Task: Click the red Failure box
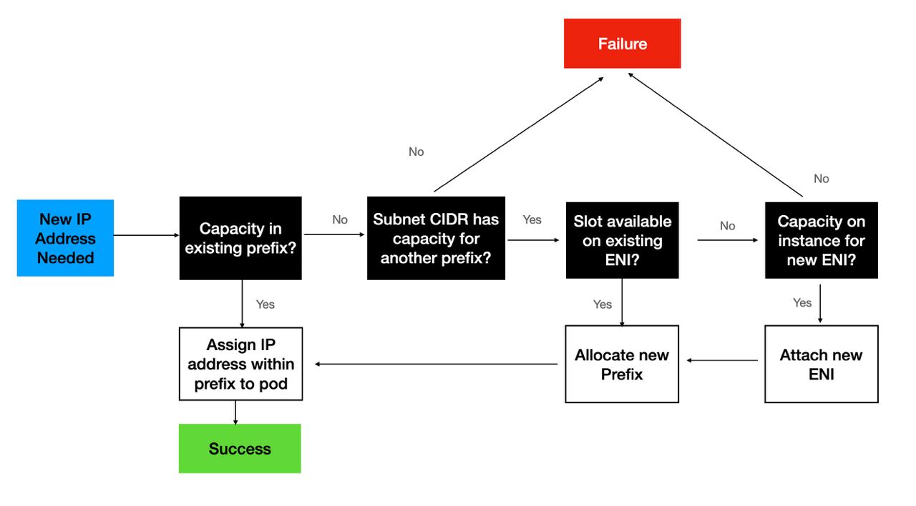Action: [x=622, y=44]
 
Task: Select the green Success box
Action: [x=240, y=449]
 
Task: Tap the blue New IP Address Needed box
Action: [x=65, y=238]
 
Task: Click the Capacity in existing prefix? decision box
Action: [x=240, y=238]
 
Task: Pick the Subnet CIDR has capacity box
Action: [x=436, y=238]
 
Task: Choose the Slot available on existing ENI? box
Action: [x=622, y=240]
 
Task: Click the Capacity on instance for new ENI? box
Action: [x=821, y=240]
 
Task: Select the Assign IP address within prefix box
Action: [x=240, y=364]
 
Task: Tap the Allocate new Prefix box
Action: [x=622, y=364]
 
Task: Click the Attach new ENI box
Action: [x=821, y=364]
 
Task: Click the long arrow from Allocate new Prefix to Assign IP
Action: [x=437, y=364]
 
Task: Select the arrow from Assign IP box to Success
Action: [x=235, y=412]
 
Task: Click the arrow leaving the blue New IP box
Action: [x=146, y=234]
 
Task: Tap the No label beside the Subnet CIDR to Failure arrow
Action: [x=416, y=152]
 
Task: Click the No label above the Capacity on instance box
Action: [x=822, y=179]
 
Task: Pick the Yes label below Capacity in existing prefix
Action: [x=265, y=304]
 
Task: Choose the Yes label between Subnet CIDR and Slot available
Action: [x=532, y=219]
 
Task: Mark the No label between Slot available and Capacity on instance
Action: [x=727, y=226]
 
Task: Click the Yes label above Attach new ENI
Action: [x=802, y=302]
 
